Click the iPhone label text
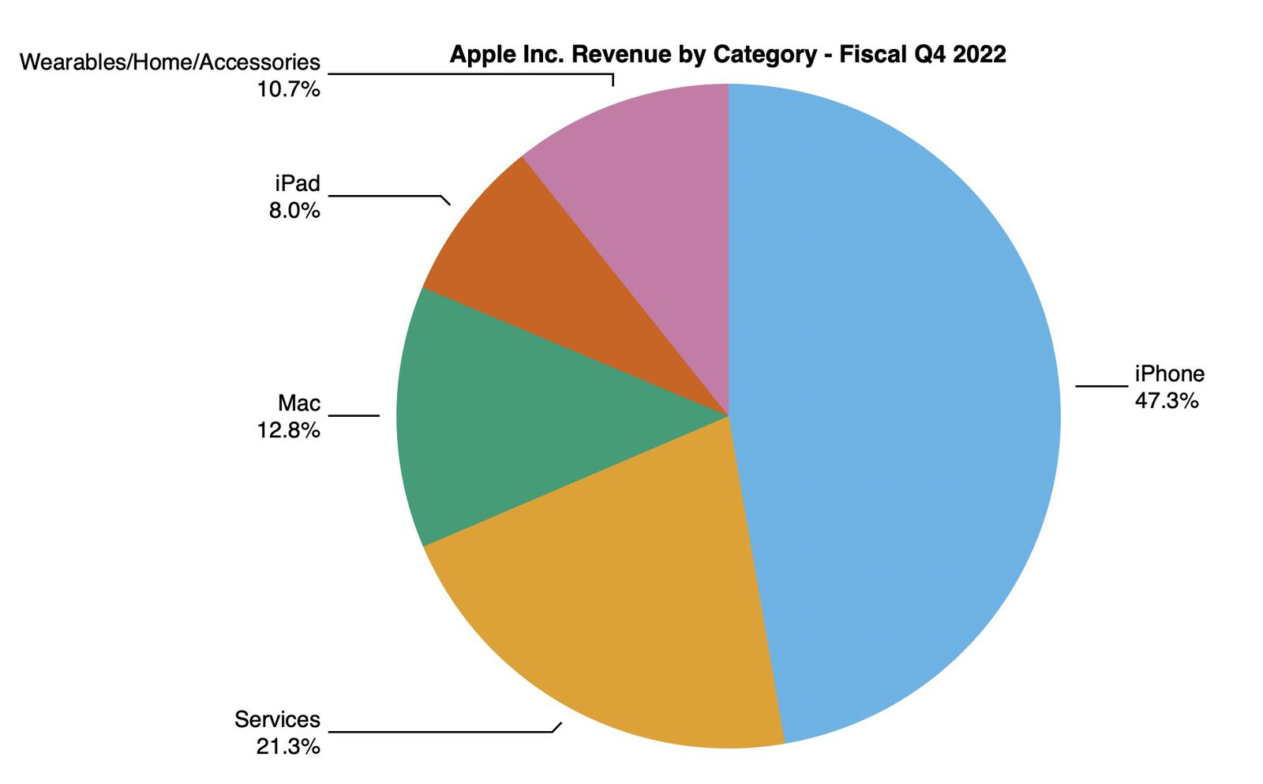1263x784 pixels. (1169, 373)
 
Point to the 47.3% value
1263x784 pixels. (1166, 400)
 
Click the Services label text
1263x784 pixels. (277, 719)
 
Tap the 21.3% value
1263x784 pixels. (288, 746)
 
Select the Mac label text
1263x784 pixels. (298, 403)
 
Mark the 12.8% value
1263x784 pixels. (288, 430)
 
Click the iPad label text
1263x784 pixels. (297, 183)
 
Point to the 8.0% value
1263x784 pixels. (294, 210)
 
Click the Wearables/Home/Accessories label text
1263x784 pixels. (170, 62)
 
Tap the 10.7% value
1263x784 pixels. (288, 88)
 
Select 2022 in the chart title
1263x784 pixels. (979, 54)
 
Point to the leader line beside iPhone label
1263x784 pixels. (1101, 386)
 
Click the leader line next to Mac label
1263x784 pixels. (354, 415)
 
